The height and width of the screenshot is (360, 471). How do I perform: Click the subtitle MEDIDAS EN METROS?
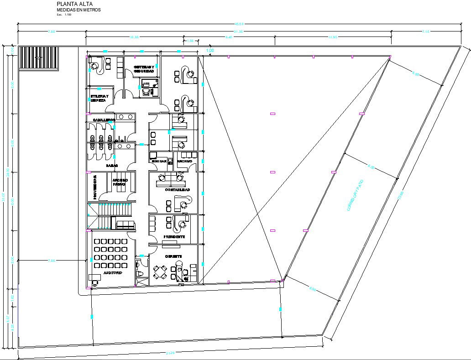[x=78, y=10]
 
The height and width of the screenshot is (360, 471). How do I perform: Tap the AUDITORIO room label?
[x=112, y=272]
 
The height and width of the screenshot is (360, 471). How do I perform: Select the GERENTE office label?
[x=173, y=256]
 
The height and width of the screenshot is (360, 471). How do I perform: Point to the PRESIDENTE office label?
[x=174, y=237]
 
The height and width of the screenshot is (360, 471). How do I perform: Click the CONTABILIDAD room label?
[x=177, y=189]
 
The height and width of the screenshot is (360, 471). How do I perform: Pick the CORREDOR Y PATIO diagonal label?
[x=355, y=195]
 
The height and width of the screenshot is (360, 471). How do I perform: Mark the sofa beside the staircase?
[x=126, y=225]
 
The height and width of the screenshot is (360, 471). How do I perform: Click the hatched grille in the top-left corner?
[x=39, y=58]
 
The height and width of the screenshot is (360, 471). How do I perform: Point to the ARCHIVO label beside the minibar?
[x=184, y=161]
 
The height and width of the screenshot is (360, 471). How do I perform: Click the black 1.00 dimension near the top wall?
[x=210, y=50]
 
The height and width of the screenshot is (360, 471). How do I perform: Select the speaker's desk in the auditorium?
[x=94, y=277]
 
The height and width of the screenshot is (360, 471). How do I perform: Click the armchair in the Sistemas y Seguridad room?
[x=146, y=91]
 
